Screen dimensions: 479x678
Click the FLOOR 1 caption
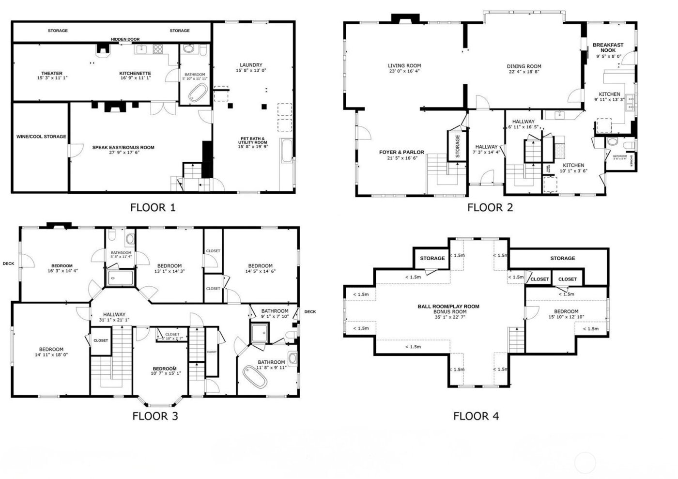click(x=153, y=208)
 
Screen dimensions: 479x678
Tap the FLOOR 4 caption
click(x=476, y=416)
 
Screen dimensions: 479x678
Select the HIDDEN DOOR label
click(x=125, y=40)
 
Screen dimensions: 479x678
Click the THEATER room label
click(x=52, y=74)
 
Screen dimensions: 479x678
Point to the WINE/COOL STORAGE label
click(x=41, y=137)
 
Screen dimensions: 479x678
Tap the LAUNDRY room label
click(x=251, y=65)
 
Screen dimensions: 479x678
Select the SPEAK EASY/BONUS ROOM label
click(x=123, y=147)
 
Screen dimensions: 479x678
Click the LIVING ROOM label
click(x=404, y=66)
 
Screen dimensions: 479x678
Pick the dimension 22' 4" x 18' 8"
click(x=524, y=72)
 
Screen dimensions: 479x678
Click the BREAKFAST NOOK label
click(x=608, y=47)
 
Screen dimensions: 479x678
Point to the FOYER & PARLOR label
click(x=401, y=152)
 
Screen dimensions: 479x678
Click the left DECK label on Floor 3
click(x=8, y=263)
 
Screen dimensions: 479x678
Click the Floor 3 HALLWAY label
click(x=114, y=314)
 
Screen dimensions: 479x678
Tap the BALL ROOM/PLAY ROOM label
click(x=448, y=306)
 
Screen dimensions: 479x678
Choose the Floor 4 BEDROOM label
click(x=566, y=311)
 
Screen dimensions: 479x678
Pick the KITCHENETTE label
click(x=135, y=74)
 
